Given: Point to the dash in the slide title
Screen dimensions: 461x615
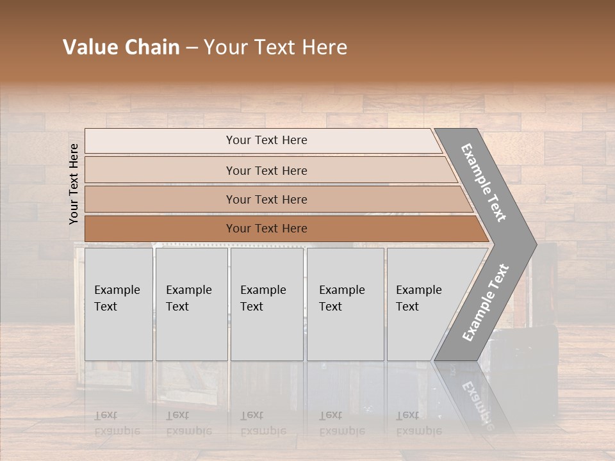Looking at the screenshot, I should pos(192,48).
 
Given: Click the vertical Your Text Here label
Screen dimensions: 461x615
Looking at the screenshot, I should pos(74,184).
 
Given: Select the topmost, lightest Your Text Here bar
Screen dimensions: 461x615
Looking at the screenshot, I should pos(266,140).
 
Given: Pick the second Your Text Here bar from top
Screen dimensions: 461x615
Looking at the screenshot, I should pos(266,170).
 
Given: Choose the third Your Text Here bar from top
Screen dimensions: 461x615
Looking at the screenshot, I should pos(266,199).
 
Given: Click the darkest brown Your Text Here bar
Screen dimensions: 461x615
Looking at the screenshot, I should pos(266,229).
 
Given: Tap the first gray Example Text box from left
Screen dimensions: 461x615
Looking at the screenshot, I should pos(119,304).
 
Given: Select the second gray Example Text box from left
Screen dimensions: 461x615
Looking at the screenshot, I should pos(191,304).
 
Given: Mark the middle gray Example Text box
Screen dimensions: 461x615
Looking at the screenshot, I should pos(266,304).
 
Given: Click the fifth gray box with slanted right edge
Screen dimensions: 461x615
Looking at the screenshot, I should pos(423,304).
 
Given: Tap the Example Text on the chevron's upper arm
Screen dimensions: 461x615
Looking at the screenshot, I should pos(484,182).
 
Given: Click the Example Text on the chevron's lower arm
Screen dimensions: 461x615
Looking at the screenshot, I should pos(485,302).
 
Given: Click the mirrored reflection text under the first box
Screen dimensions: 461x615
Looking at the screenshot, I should pos(117,423).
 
